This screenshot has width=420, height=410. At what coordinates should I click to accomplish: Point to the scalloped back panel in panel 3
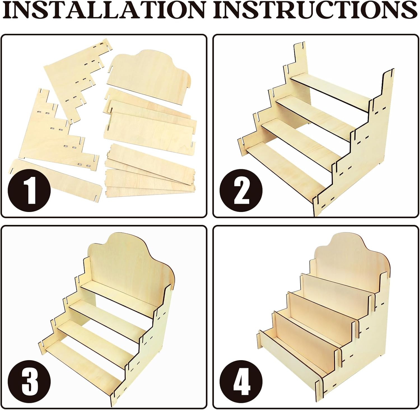click(132, 269)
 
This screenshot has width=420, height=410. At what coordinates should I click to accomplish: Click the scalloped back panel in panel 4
click(353, 260)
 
